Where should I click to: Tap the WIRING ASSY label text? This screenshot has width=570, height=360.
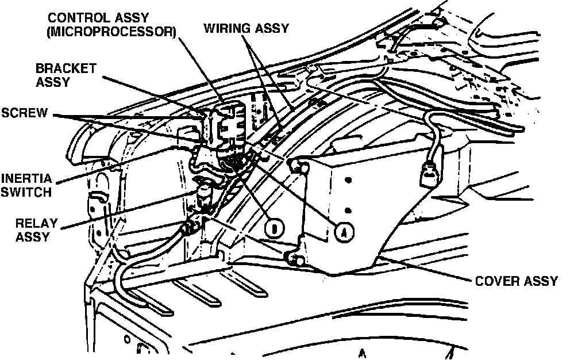pyautogui.click(x=247, y=28)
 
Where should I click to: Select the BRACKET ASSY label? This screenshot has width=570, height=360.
pyautogui.click(x=66, y=75)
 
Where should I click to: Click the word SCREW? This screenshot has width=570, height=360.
pyautogui.click(x=24, y=112)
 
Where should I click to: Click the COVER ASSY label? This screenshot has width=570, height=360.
pyautogui.click(x=516, y=281)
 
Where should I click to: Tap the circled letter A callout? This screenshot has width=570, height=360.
pyautogui.click(x=344, y=231)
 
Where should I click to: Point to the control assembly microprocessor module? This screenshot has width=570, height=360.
pyautogui.click(x=229, y=124)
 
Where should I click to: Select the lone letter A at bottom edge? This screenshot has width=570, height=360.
pyautogui.click(x=362, y=353)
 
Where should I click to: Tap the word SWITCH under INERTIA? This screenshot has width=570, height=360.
pyautogui.click(x=25, y=192)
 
